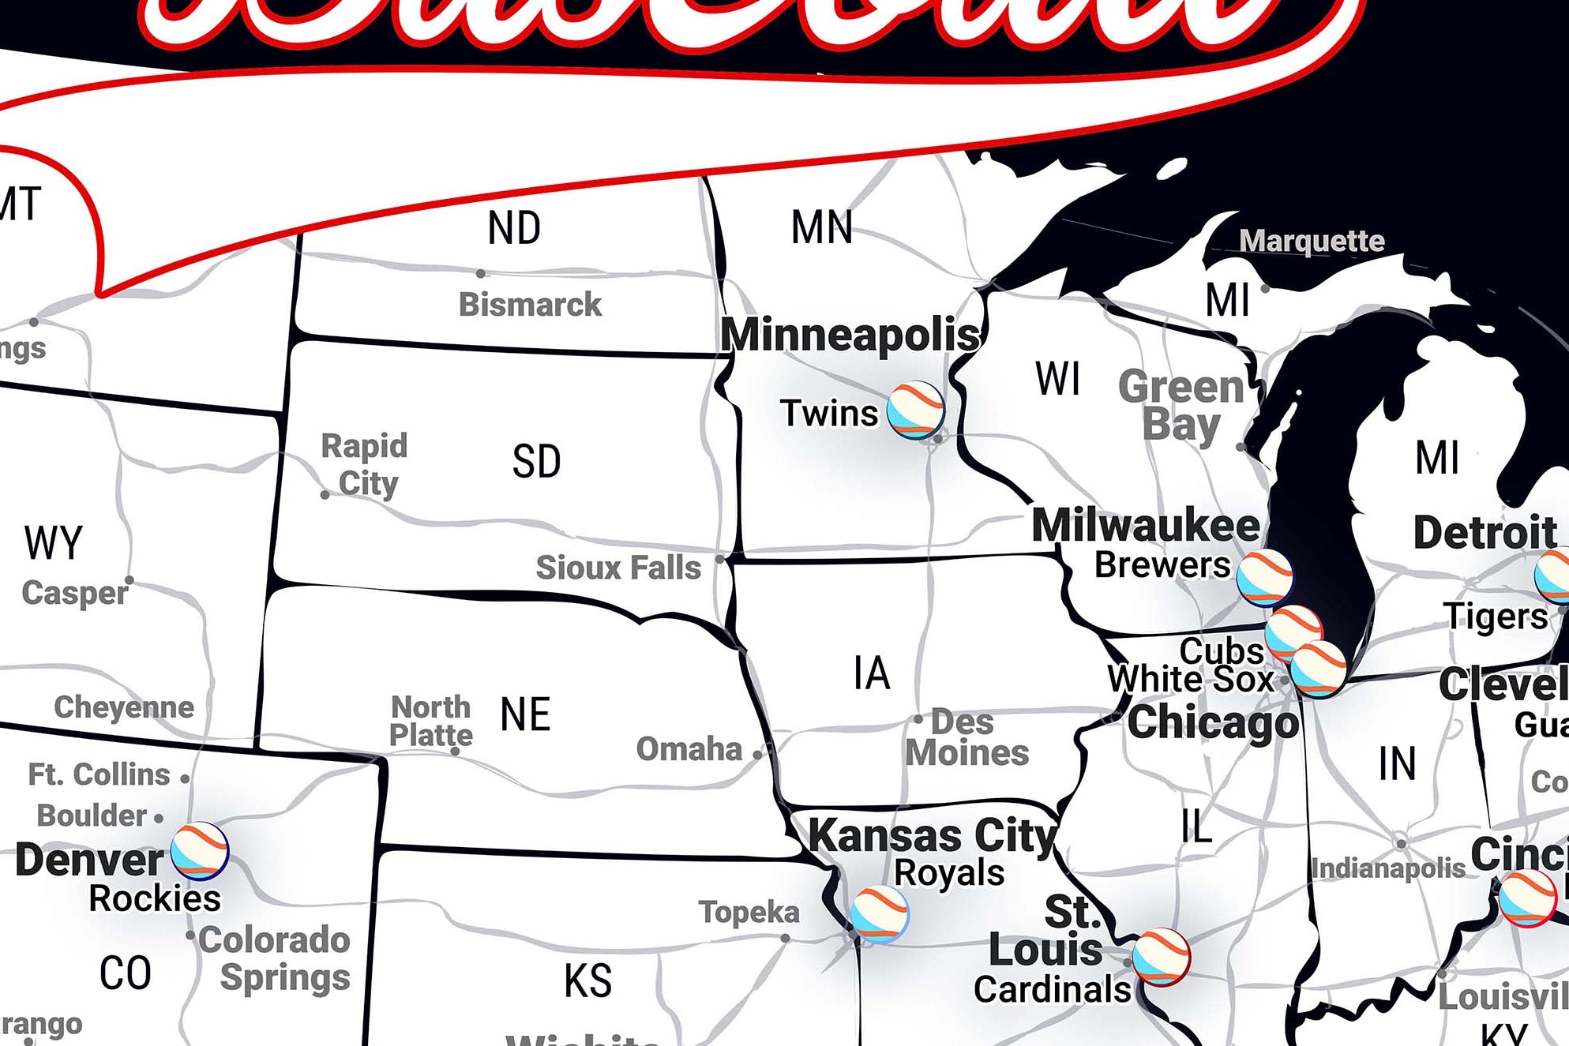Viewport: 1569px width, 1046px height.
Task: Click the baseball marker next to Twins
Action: point(915,410)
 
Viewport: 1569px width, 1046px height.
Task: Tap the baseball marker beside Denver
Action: point(200,851)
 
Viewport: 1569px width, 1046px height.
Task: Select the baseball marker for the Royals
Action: point(880,914)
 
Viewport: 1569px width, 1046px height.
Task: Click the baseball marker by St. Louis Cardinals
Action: point(1161,958)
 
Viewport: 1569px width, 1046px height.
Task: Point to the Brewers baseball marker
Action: point(1264,578)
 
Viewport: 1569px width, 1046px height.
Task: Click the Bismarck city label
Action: point(530,305)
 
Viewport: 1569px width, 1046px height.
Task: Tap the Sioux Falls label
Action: point(618,568)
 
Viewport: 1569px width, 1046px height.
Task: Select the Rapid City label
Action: point(365,464)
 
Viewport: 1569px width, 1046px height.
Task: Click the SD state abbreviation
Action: point(536,462)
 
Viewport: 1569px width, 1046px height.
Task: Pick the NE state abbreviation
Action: point(525,714)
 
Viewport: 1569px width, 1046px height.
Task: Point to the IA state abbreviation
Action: point(872,673)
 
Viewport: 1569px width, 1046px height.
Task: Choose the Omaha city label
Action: point(689,749)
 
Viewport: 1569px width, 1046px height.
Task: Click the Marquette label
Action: point(1312,241)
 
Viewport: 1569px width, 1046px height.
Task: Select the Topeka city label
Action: point(749,912)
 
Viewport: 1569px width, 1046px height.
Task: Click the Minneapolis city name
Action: point(850,334)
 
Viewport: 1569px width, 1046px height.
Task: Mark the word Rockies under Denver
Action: point(155,898)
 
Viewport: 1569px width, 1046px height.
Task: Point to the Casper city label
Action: point(75,593)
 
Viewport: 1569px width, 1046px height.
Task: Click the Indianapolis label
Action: point(1388,868)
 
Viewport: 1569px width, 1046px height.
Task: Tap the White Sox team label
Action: point(1190,679)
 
